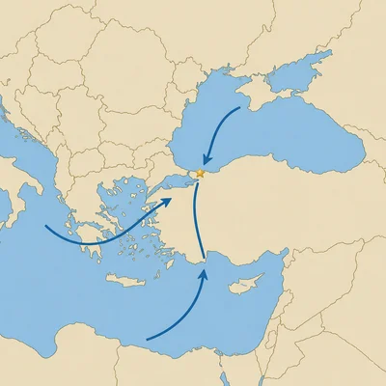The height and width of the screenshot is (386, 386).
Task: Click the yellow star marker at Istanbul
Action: coord(200,174)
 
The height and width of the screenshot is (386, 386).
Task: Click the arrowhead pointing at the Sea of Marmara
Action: coord(171,201)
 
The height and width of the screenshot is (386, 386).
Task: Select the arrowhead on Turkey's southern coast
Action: coord(203,274)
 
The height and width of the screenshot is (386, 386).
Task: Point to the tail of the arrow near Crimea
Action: coord(239,108)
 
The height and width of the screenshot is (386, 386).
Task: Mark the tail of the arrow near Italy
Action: coord(46,229)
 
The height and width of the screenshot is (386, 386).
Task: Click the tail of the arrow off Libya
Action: coord(146,340)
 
